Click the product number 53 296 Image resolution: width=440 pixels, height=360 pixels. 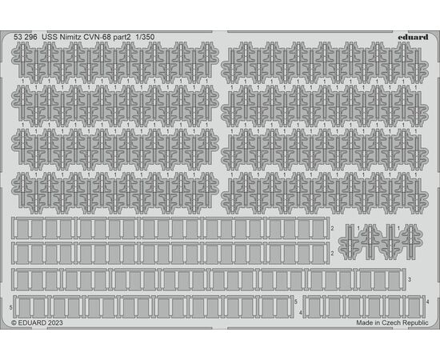[x=26, y=37]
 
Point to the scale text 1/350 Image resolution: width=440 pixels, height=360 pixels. [x=145, y=37]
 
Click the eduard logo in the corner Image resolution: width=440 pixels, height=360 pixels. [x=413, y=37]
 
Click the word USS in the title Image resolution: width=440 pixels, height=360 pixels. [x=50, y=37]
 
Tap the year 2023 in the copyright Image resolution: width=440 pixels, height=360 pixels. [x=55, y=323]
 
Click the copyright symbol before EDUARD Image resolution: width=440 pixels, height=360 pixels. [x=14, y=323]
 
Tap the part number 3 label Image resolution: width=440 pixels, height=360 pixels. [x=410, y=279]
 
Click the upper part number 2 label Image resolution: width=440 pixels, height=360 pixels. [x=332, y=229]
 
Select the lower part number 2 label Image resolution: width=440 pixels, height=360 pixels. [x=332, y=254]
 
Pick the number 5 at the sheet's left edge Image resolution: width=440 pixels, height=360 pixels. [x=10, y=307]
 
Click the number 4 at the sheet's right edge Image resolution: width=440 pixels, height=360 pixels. [x=427, y=302]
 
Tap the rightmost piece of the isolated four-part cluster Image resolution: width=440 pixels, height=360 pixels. [x=412, y=242]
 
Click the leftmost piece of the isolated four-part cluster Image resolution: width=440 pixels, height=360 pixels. [x=349, y=242]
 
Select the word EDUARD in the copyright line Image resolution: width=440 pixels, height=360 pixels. [x=32, y=323]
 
